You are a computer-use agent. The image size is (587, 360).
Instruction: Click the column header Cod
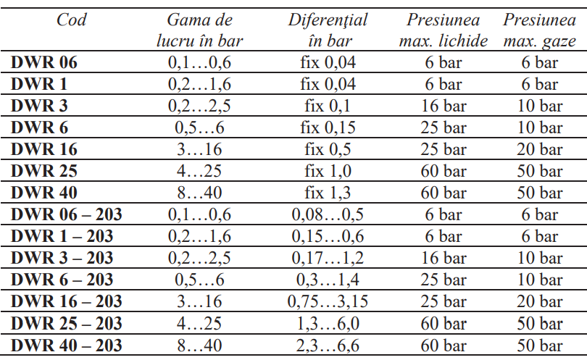(72, 20)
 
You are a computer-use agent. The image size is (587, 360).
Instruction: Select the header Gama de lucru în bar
(199, 30)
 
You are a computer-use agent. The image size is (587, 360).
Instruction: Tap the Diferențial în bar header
(328, 30)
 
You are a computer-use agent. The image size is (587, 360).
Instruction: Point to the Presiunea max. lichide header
(443, 30)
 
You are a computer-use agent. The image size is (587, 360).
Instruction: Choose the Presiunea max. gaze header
(540, 30)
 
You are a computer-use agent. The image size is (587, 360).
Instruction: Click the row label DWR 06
(43, 62)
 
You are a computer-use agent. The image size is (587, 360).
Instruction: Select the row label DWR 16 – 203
(66, 301)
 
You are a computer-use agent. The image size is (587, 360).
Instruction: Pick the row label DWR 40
(43, 193)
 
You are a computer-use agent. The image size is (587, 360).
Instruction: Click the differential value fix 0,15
(328, 127)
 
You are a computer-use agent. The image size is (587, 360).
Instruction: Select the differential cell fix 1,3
(328, 193)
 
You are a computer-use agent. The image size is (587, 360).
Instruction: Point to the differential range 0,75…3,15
(328, 301)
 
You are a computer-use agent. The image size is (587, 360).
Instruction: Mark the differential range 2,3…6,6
(328, 346)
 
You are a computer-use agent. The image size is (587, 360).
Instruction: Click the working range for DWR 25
(199, 171)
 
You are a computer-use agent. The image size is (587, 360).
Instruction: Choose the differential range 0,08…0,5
(328, 214)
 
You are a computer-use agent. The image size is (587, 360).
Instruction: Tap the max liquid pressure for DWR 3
(444, 106)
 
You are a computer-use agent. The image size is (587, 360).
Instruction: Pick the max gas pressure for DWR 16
(541, 149)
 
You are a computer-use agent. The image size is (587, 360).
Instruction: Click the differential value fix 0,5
(328, 149)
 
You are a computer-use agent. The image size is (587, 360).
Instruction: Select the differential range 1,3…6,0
(328, 323)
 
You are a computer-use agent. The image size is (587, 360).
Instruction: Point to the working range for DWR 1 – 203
(199, 236)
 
